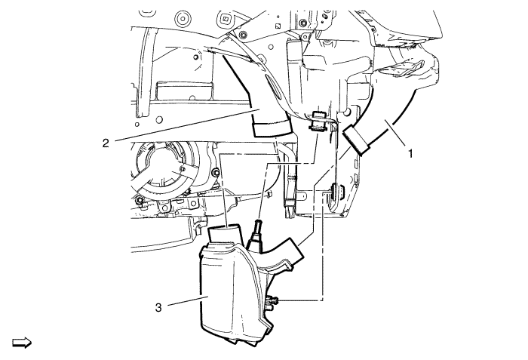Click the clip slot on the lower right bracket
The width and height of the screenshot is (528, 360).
[334, 192]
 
